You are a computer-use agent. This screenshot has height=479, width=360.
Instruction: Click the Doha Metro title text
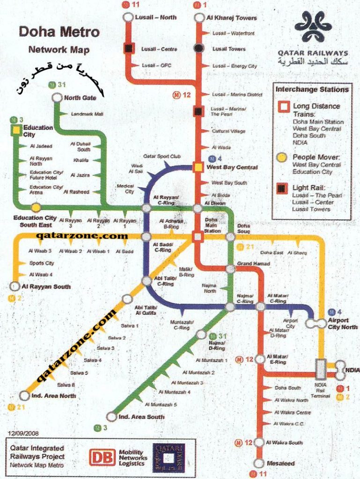(59, 32)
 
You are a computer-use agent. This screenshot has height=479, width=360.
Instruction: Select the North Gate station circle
(57, 97)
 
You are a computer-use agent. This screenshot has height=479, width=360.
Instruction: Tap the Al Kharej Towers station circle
(199, 18)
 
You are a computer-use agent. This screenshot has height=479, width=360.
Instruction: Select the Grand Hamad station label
(253, 264)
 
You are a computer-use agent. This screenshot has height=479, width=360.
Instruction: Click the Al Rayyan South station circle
(15, 286)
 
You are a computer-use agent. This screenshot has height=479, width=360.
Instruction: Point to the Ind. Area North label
(53, 396)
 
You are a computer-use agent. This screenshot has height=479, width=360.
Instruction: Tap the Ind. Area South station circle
(111, 416)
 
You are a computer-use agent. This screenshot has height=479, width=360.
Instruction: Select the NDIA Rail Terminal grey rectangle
(321, 369)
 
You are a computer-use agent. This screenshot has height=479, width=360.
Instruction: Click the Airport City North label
(342, 324)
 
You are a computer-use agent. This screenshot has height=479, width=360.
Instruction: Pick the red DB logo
(102, 457)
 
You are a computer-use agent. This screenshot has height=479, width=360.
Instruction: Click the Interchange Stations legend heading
(312, 89)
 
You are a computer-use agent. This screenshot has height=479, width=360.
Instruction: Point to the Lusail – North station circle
(128, 18)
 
